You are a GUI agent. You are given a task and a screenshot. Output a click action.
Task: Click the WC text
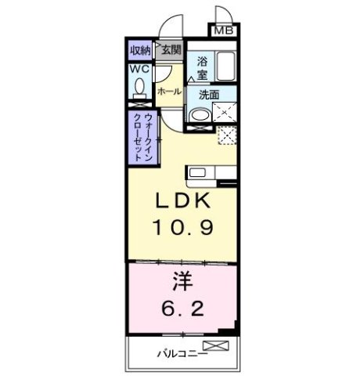[x=139, y=69]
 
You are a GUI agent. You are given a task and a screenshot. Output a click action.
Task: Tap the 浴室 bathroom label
[x=202, y=68]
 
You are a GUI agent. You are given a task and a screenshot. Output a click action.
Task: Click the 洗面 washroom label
[x=208, y=95]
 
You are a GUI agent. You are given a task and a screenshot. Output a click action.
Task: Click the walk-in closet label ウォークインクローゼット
[x=141, y=135]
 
